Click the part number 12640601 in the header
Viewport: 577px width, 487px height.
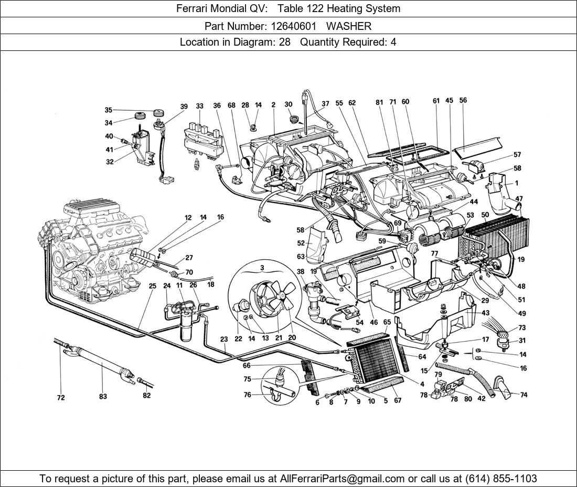click(294, 26)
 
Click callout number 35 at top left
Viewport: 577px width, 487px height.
click(108, 110)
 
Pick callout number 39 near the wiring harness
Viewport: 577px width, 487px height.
click(184, 107)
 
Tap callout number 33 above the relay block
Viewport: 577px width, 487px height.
click(200, 106)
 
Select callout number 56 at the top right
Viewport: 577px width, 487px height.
click(463, 100)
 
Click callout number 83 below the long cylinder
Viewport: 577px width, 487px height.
click(103, 397)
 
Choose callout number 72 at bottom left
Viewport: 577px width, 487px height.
click(61, 398)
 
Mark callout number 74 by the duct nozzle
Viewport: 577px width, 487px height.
click(523, 395)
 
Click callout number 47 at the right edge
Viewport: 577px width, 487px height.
click(519, 199)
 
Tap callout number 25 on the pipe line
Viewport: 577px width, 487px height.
click(152, 286)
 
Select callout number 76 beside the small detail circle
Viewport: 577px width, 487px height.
click(247, 395)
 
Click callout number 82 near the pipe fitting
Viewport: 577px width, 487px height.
click(146, 396)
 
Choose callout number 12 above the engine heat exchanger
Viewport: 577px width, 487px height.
click(188, 217)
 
